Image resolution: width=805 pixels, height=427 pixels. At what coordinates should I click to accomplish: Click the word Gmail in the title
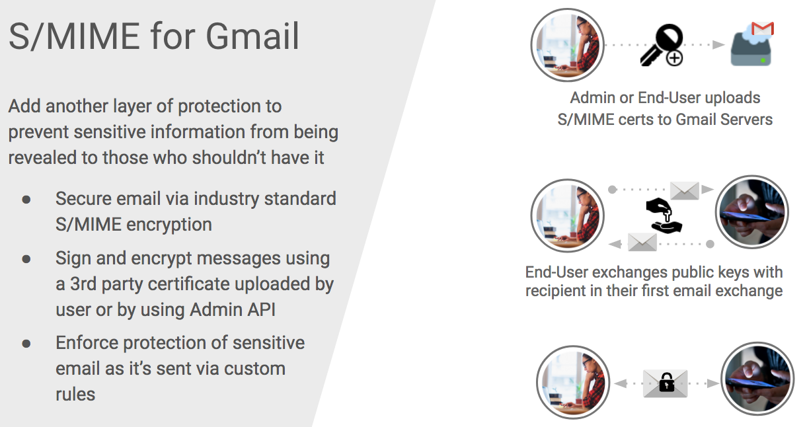click(x=252, y=36)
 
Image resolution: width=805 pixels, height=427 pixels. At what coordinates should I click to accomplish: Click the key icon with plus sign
click(x=662, y=45)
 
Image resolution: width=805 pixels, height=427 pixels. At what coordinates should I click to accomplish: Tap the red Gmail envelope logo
click(x=763, y=28)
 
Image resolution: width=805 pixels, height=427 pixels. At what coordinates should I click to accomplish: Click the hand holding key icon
click(x=664, y=215)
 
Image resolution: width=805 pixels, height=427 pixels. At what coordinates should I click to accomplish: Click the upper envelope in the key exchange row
click(x=685, y=190)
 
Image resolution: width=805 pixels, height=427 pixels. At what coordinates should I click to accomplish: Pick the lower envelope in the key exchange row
click(x=642, y=242)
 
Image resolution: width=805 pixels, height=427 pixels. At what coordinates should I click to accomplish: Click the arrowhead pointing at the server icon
click(x=718, y=44)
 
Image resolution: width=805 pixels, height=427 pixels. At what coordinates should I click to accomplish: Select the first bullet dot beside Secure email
click(x=26, y=200)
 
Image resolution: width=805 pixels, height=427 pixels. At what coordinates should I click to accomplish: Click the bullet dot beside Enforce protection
click(x=26, y=344)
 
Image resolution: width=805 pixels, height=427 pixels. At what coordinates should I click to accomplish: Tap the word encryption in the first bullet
click(x=169, y=225)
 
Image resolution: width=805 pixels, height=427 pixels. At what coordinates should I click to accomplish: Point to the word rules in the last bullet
click(x=75, y=395)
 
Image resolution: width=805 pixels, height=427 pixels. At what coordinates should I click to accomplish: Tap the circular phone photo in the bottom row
click(x=757, y=379)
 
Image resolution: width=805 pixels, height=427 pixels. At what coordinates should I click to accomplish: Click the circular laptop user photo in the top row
click(x=567, y=45)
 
